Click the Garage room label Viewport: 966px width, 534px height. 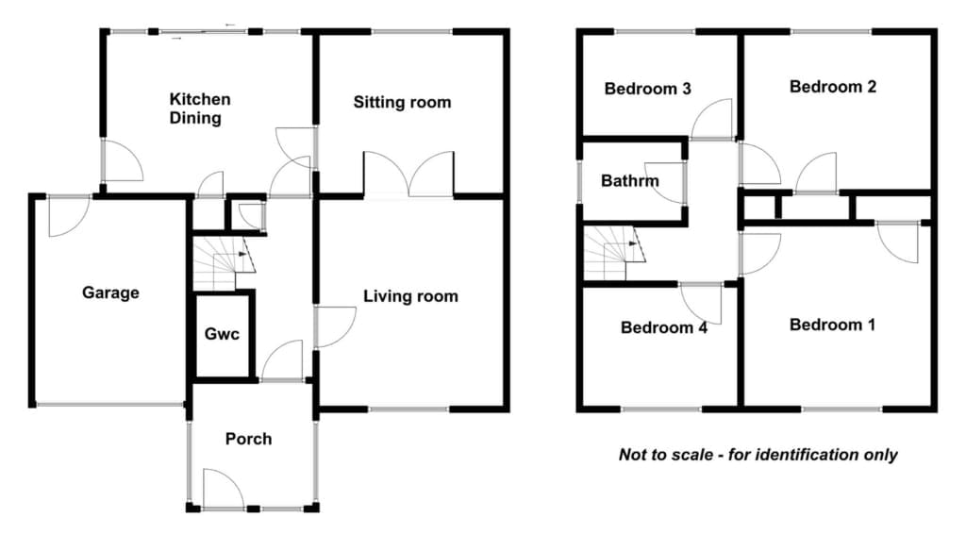tap(111, 292)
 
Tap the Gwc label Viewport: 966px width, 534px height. tap(222, 334)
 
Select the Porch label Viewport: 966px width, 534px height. tap(248, 439)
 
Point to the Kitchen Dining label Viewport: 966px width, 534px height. tap(200, 108)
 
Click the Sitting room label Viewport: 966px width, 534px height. tap(402, 102)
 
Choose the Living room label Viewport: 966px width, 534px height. tap(410, 296)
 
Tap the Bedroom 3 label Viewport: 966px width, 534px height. tap(647, 89)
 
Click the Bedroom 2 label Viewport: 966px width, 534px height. tap(833, 87)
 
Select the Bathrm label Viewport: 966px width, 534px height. tap(629, 181)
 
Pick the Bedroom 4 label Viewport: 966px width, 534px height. tap(663, 327)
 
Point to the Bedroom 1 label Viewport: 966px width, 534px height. tap(832, 325)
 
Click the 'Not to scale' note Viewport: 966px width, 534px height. tap(758, 455)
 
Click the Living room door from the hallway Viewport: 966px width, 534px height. tap(335, 327)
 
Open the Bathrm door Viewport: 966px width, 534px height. tap(666, 183)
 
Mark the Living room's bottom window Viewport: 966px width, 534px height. tap(409, 409)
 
